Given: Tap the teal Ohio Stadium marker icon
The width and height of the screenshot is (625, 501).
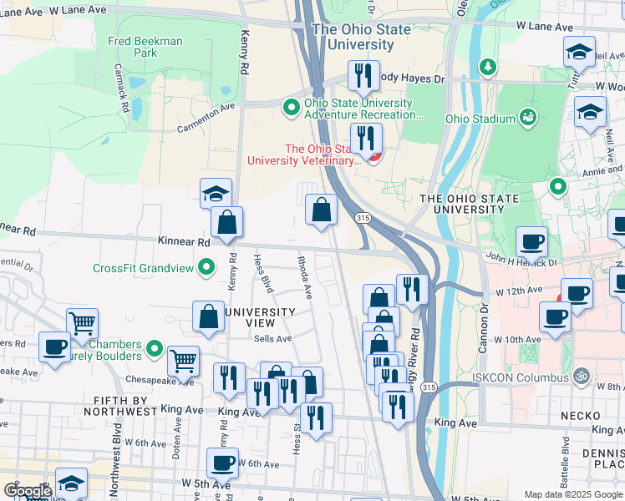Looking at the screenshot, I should point(528,118).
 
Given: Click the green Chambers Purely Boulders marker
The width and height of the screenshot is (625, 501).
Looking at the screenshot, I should point(154,348).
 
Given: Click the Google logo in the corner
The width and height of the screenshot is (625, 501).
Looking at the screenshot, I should point(27,491).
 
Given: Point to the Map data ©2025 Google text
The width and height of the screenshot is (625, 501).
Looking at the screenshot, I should point(572,494).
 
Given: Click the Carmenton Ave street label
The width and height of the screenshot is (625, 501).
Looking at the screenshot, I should point(206,119).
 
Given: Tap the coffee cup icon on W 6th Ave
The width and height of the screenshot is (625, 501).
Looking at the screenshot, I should point(223,461).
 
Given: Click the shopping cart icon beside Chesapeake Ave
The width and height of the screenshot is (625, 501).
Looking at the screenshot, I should point(183,360).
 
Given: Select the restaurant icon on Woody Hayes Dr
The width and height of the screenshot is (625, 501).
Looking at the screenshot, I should point(363,74).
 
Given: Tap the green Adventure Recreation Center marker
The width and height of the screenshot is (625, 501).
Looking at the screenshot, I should point(291,106).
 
